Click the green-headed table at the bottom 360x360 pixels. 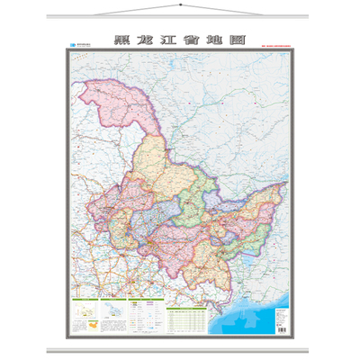point(189,316)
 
